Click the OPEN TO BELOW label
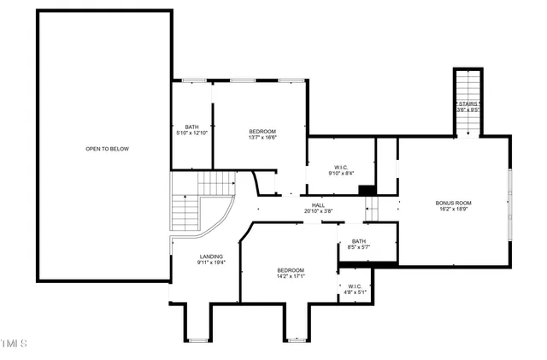(107, 149)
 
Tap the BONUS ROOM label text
(455, 203)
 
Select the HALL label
(318, 205)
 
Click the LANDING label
(211, 257)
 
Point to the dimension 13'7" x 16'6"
(262, 137)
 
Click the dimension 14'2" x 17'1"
(290, 276)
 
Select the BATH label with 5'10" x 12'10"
(191, 127)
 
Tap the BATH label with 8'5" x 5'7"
(358, 242)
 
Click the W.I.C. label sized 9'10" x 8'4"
(339, 167)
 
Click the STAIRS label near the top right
(468, 103)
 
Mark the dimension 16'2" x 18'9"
(455, 209)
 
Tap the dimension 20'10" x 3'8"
(318, 211)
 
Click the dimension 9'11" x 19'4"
(211, 263)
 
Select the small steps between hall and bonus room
(372, 207)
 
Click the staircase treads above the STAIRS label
(468, 86)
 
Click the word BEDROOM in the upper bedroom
(262, 131)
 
